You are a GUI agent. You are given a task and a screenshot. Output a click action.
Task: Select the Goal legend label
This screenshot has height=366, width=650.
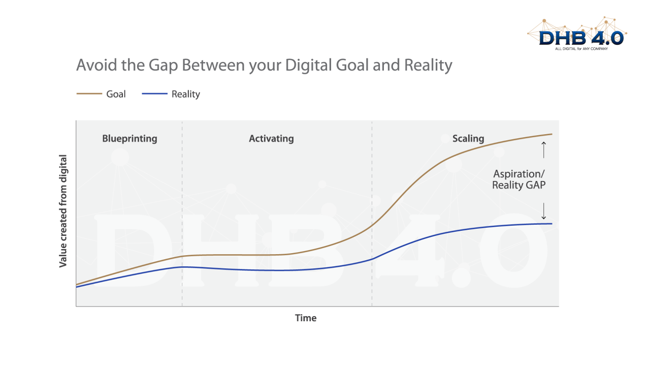click(116, 94)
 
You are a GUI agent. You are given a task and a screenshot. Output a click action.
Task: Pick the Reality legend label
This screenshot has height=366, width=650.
click(185, 94)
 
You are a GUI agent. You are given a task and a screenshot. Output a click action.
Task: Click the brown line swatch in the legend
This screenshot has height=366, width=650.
click(89, 94)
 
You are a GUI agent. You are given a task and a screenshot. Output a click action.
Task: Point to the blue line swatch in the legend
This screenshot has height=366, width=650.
click(154, 94)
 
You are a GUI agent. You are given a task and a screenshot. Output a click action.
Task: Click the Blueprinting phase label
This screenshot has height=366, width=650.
click(129, 138)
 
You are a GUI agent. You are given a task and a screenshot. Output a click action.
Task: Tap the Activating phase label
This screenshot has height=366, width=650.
click(271, 138)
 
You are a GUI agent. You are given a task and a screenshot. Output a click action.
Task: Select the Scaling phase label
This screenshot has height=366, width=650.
click(468, 138)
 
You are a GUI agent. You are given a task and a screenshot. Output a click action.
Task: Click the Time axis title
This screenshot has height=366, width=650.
click(306, 318)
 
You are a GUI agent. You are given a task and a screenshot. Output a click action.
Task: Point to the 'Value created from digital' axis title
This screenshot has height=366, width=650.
click(63, 211)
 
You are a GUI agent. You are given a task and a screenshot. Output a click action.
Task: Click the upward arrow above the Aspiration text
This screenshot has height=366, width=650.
click(543, 150)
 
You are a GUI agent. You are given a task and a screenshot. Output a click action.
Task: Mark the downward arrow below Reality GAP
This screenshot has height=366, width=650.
click(543, 210)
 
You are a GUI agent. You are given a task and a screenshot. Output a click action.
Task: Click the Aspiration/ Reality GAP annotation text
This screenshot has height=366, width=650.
click(519, 179)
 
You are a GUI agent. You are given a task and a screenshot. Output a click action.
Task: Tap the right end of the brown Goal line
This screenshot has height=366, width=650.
click(551, 134)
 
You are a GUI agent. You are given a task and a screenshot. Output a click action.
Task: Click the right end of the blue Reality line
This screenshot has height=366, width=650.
click(551, 224)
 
